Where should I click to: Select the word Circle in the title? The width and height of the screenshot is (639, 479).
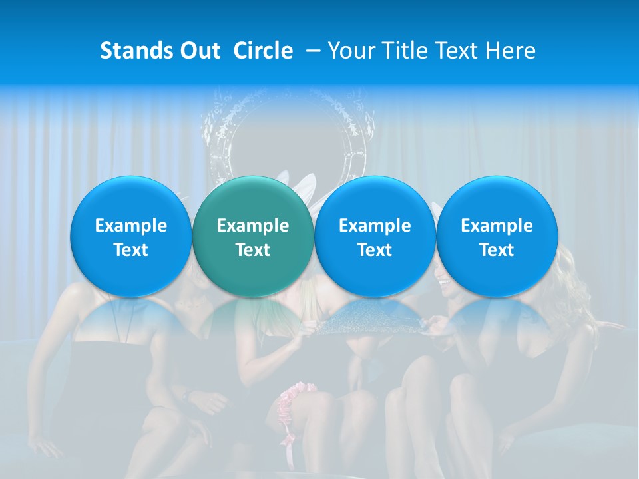tap(263, 51)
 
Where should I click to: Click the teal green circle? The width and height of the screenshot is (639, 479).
tap(253, 236)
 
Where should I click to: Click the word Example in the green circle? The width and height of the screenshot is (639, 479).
tap(253, 226)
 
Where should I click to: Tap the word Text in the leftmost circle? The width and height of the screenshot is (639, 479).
tap(131, 250)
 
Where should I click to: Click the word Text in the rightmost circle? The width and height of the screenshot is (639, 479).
tap(497, 250)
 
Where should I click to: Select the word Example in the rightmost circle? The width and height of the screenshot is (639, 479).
tap(497, 226)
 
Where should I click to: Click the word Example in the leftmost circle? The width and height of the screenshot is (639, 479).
tap(131, 226)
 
